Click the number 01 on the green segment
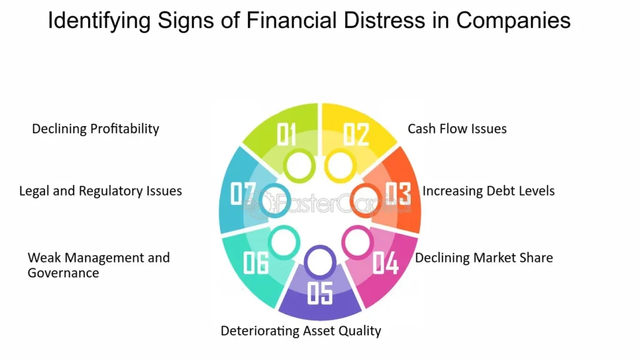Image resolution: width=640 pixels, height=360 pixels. click(x=286, y=134)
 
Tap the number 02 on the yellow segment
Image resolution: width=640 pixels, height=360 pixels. click(x=356, y=134)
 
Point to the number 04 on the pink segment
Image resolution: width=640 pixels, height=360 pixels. click(x=386, y=263)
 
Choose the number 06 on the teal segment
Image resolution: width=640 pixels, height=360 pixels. click(x=256, y=263)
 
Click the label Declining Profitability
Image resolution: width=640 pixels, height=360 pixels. click(x=96, y=129)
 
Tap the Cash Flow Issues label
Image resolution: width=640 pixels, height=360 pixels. click(x=457, y=129)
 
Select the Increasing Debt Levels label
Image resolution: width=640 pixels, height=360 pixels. click(x=488, y=191)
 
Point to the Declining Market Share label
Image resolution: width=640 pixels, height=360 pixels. click(x=484, y=257)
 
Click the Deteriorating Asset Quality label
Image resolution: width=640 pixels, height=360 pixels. click(x=301, y=331)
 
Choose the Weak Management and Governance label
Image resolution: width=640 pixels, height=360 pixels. click(x=98, y=265)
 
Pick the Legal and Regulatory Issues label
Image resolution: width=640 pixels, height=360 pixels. click(x=101, y=191)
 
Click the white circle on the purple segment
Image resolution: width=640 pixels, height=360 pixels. click(x=319, y=262)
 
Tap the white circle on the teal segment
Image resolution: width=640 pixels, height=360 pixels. click(x=283, y=241)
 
